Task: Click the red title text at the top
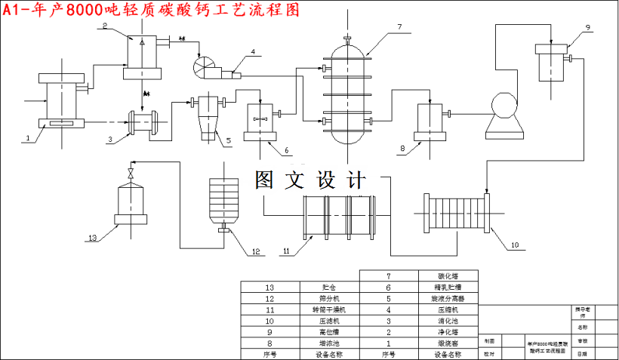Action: pyautogui.click(x=151, y=11)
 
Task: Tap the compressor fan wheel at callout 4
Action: pyautogui.click(x=205, y=69)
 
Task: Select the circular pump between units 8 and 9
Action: pyautogui.click(x=503, y=106)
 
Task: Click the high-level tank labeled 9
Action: pyautogui.click(x=550, y=62)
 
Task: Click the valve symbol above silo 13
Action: pyautogui.click(x=132, y=174)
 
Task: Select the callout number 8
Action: pyautogui.click(x=402, y=149)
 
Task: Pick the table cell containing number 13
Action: pyautogui.click(x=270, y=288)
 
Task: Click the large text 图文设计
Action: pyautogui.click(x=310, y=180)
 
